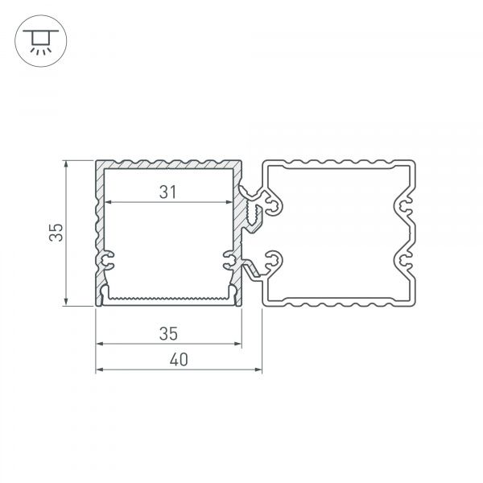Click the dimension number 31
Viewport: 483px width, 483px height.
167,192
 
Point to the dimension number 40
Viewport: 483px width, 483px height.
179,360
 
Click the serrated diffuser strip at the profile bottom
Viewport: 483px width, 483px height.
168,299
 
